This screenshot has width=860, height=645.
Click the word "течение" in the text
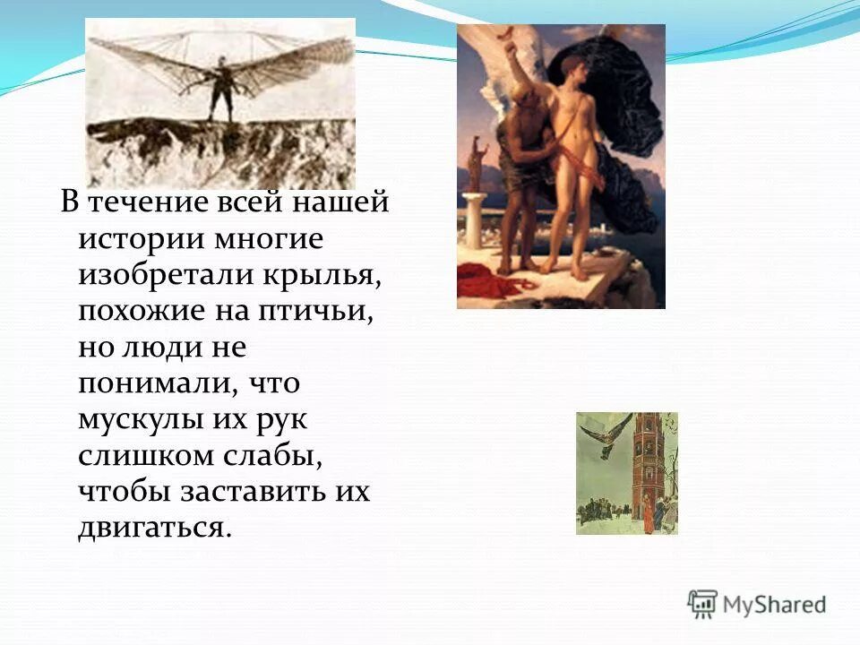pyautogui.click(x=148, y=202)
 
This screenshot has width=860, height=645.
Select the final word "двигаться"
pyautogui.click(x=154, y=528)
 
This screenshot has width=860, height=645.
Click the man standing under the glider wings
pyautogui.click(x=219, y=90)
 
